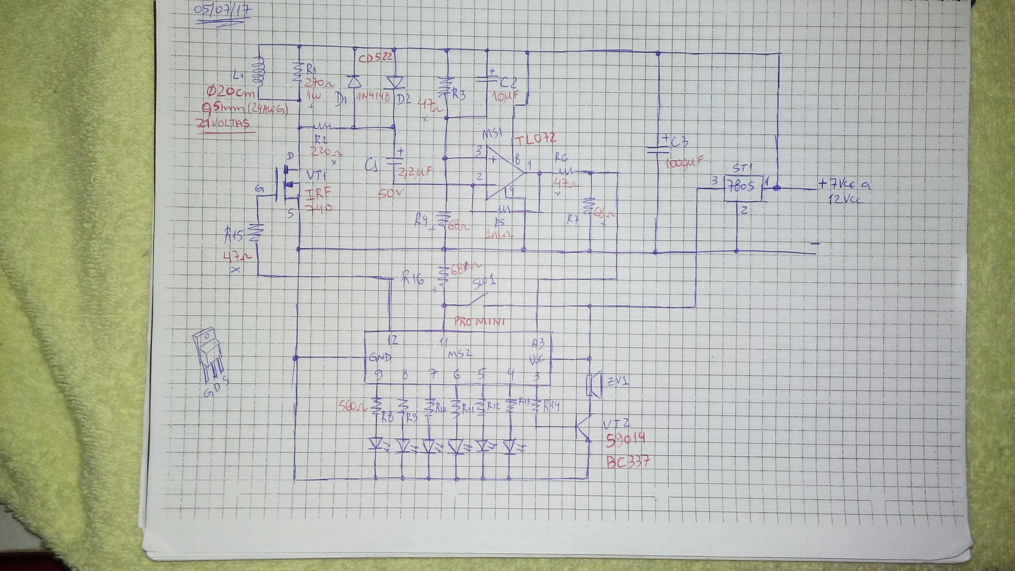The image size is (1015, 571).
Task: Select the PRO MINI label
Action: point(479,322)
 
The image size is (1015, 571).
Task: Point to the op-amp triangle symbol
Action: point(502,173)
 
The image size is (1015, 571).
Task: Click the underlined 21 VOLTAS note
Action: point(225,124)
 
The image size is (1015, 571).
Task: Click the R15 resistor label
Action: point(235,236)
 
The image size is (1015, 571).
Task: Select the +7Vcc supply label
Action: point(843,184)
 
